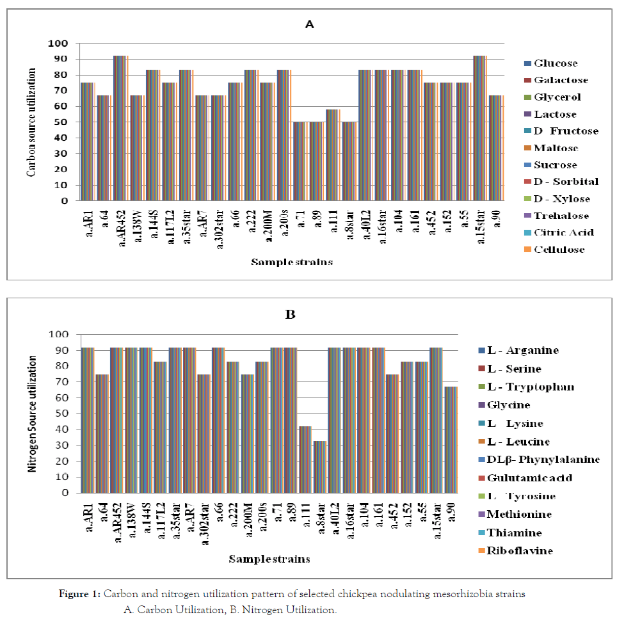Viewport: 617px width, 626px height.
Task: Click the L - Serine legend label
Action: [518, 369]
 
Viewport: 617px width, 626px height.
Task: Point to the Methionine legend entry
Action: [519, 514]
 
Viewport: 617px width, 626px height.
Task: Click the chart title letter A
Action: [310, 25]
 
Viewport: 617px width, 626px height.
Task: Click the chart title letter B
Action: [290, 315]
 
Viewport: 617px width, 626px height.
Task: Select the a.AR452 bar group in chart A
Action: [121, 128]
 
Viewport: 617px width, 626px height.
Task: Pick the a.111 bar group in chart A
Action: [333, 155]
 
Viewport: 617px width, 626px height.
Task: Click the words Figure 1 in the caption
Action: [79, 594]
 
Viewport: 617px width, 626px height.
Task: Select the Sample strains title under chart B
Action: [269, 559]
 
